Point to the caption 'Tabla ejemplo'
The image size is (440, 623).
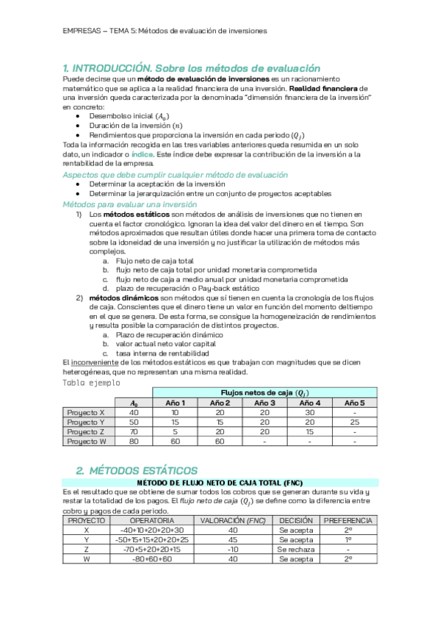coord(90,383)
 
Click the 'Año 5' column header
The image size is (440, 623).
coord(353,403)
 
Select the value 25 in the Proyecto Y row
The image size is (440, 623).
coord(353,422)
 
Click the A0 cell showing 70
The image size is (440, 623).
coord(133,432)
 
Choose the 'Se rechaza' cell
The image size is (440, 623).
coord(296,549)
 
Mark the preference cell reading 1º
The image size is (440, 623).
coord(347,539)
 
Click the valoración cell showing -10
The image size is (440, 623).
coord(233,549)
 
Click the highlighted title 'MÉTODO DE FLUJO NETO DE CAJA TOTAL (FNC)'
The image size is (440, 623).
coord(220,482)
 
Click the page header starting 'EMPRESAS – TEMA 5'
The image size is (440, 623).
coord(164,31)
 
